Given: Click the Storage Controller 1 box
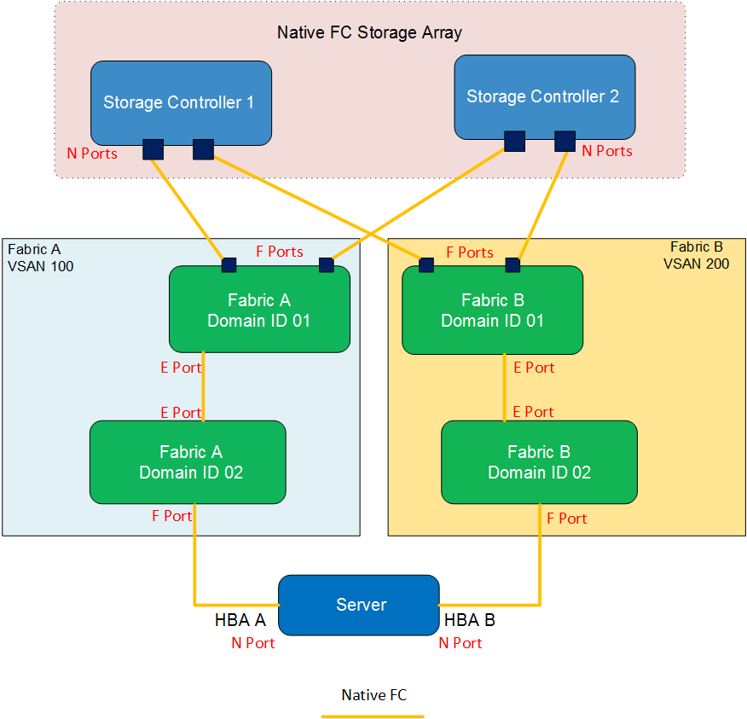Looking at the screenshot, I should click(x=181, y=102).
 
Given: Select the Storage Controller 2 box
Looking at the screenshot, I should click(x=544, y=96).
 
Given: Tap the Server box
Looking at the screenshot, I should click(x=359, y=605).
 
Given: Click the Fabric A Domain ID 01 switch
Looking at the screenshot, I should click(x=259, y=310).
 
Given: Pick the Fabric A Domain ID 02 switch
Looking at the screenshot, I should click(x=188, y=461).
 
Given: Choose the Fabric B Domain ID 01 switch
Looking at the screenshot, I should click(x=492, y=310).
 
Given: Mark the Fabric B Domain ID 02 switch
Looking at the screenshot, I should click(x=539, y=461).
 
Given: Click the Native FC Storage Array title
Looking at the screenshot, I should click(x=369, y=33).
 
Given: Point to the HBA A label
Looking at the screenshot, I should click(x=240, y=621).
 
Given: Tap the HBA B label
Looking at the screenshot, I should click(x=470, y=621).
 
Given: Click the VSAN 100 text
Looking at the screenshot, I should click(x=40, y=266).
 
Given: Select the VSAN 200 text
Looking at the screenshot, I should click(x=696, y=264).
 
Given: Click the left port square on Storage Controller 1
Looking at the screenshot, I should click(x=153, y=149).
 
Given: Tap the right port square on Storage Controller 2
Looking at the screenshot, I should click(x=565, y=141).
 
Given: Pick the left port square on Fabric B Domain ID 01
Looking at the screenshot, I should click(x=426, y=265).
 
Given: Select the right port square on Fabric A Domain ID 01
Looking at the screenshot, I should click(x=326, y=265).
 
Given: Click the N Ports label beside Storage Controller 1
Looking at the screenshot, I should click(x=92, y=154).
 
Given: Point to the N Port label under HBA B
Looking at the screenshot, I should click(x=460, y=643).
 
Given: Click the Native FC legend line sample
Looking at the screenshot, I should click(x=373, y=716).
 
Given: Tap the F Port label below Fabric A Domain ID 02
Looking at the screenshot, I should click(x=172, y=516).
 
